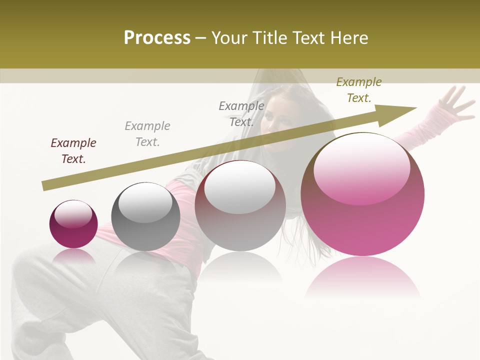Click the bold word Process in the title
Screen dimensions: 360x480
[157, 38]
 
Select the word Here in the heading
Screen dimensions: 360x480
[349, 38]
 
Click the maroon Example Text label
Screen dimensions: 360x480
[73, 151]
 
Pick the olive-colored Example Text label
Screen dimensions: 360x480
[359, 90]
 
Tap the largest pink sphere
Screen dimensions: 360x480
[362, 215]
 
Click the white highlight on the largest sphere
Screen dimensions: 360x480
[361, 167]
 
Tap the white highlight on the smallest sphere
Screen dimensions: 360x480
[73, 214]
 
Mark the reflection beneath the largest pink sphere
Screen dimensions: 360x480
[362, 277]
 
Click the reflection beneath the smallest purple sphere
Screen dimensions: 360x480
[73, 256]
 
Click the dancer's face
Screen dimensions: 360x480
[278, 120]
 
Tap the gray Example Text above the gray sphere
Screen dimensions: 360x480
[147, 134]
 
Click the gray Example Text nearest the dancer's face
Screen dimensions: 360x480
[241, 114]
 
